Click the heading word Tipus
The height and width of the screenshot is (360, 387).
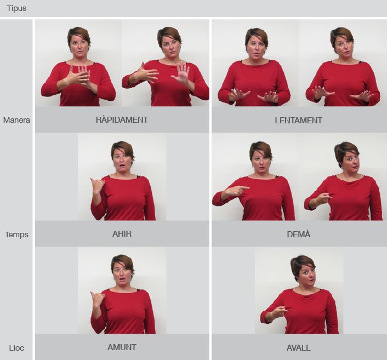16,8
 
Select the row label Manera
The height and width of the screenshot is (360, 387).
16,120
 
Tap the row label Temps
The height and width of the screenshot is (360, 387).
16,235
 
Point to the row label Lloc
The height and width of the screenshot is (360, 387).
16,348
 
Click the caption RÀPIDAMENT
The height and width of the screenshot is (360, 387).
122,120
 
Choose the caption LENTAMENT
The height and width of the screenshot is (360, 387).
298,121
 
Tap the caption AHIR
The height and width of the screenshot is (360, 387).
122,234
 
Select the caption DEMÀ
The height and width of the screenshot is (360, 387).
298,234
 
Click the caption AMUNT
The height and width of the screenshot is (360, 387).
122,347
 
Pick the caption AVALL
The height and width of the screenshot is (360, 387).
298,348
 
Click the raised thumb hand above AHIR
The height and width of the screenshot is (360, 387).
97,186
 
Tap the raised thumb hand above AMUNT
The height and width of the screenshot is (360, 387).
97,299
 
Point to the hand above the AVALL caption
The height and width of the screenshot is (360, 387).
280,311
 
